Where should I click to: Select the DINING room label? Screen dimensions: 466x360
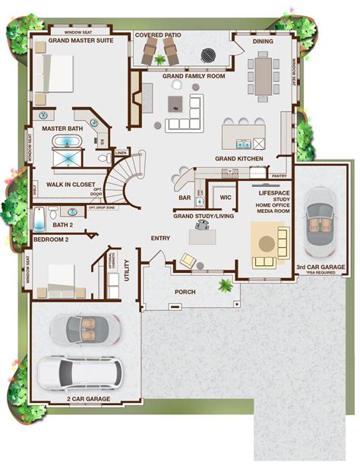[263, 42]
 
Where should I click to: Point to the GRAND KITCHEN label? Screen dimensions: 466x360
[238, 158]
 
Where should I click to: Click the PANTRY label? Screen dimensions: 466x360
[279, 176]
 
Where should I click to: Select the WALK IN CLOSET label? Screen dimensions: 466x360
[71, 183]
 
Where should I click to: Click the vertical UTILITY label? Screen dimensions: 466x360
[127, 271]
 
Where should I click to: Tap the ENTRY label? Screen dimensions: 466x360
[159, 238]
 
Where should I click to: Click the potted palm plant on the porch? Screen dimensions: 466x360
[226, 287]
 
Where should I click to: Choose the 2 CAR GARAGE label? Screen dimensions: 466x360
[88, 399]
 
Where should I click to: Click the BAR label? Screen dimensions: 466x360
[184, 198]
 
